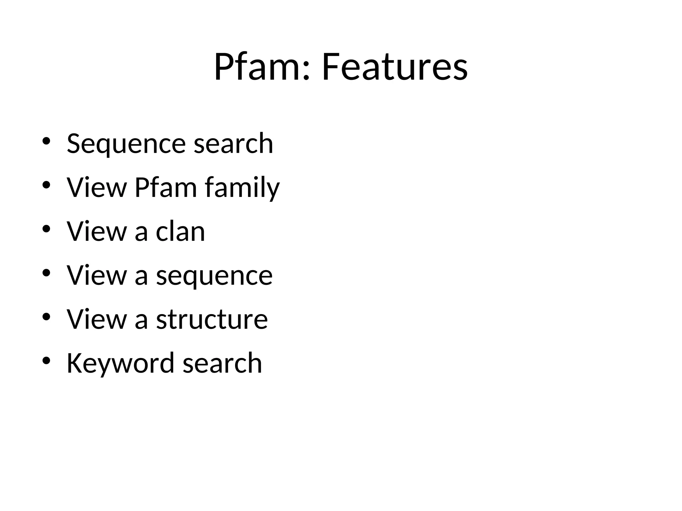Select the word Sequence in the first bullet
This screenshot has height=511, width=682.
tap(126, 144)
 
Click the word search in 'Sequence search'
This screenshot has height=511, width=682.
tap(233, 144)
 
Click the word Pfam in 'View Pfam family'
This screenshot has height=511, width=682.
tap(166, 187)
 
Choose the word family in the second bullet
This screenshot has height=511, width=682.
tap(242, 188)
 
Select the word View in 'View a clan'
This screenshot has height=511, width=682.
tap(97, 231)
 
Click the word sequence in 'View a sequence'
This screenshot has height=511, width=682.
tap(214, 276)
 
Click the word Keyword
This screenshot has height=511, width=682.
tap(120, 363)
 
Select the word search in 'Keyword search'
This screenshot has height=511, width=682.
tap(222, 363)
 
